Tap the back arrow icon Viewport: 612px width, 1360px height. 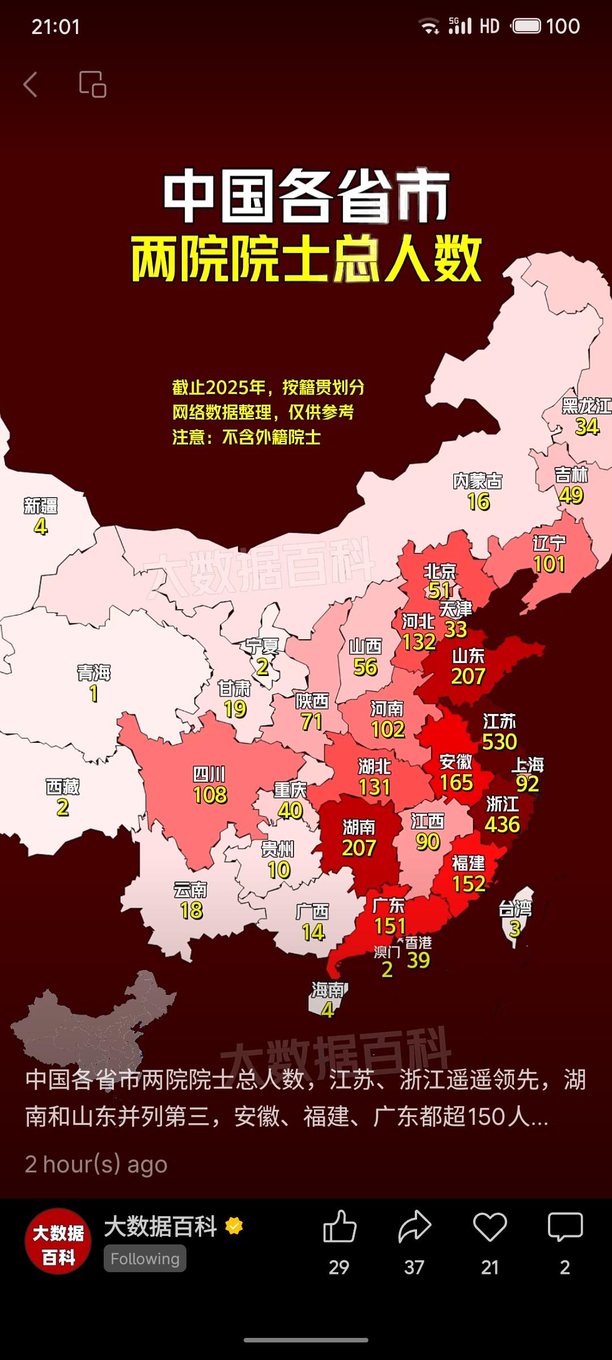(x=31, y=84)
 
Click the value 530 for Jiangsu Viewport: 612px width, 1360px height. (x=499, y=742)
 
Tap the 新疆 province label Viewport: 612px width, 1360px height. (x=40, y=505)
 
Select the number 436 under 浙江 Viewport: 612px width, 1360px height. (x=502, y=824)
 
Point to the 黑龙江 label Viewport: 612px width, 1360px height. (x=586, y=406)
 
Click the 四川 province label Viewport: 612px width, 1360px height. (x=209, y=774)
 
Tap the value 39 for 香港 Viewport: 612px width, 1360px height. (x=418, y=960)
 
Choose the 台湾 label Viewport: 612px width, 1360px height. (x=515, y=909)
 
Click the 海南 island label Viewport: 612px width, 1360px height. (x=328, y=990)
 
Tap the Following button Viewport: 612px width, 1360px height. (x=145, y=1259)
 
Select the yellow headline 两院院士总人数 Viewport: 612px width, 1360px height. (x=306, y=260)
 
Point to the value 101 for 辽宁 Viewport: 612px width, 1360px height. (x=549, y=564)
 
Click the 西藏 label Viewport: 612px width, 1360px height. (x=62, y=787)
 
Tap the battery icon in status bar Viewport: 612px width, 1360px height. (x=527, y=26)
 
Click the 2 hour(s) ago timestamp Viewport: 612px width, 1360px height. (x=96, y=1164)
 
